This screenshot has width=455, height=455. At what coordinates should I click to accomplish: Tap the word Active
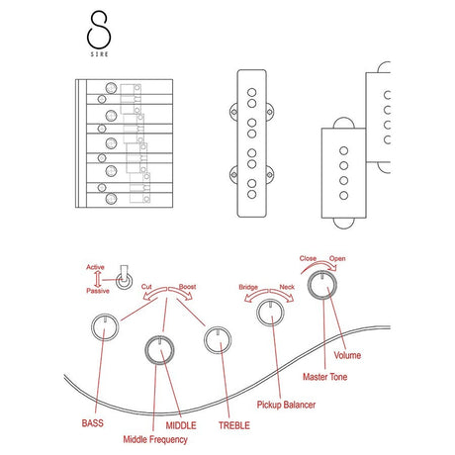point(95,267)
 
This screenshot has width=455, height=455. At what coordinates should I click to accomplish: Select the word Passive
point(98,291)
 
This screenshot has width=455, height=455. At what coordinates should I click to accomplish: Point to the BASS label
point(93,423)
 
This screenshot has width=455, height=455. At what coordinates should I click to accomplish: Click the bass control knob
point(105,327)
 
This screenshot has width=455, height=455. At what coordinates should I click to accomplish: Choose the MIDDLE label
point(181,425)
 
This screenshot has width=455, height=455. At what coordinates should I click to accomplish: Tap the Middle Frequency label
point(155,439)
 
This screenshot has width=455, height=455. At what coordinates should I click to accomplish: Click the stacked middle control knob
point(159,350)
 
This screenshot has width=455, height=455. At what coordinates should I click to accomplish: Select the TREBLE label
point(234,425)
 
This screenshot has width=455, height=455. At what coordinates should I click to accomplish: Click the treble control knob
point(218,340)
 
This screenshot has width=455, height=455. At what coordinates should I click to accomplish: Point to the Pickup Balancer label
point(286,405)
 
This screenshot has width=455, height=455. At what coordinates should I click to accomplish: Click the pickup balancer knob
point(270,313)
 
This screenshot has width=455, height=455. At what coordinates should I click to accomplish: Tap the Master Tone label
point(325,377)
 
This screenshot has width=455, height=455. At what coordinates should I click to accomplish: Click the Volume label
point(347,355)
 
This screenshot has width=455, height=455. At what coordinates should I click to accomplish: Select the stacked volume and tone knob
point(322,285)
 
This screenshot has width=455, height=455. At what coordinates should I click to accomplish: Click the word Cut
point(146,287)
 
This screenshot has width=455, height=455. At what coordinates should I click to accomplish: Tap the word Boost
point(187,287)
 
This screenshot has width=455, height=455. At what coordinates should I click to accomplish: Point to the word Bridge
point(248,287)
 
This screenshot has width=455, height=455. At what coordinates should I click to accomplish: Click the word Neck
point(287,287)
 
